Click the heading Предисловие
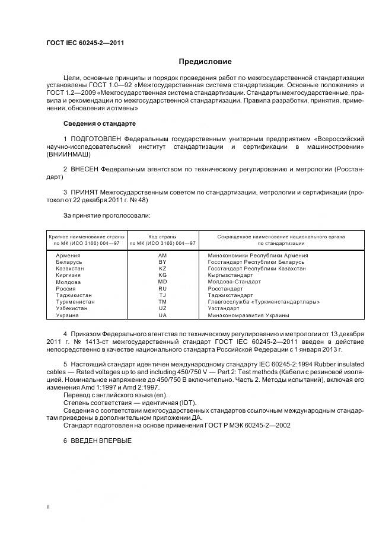pyautogui.click(x=205, y=61)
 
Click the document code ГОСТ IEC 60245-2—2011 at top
pyautogui.click(x=85, y=43)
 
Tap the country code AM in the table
pyautogui.click(x=162, y=255)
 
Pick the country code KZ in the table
pyautogui.click(x=162, y=269)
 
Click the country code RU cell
pyautogui.click(x=162, y=289)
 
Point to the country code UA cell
pyautogui.click(x=162, y=315)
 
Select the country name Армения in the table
pyautogui.click(x=68, y=255)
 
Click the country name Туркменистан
pyautogui.click(x=75, y=302)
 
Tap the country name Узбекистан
pyautogui.click(x=72, y=308)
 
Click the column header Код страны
pyautogui.click(x=162, y=237)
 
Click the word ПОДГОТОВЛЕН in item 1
pyautogui.click(x=95, y=138)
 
